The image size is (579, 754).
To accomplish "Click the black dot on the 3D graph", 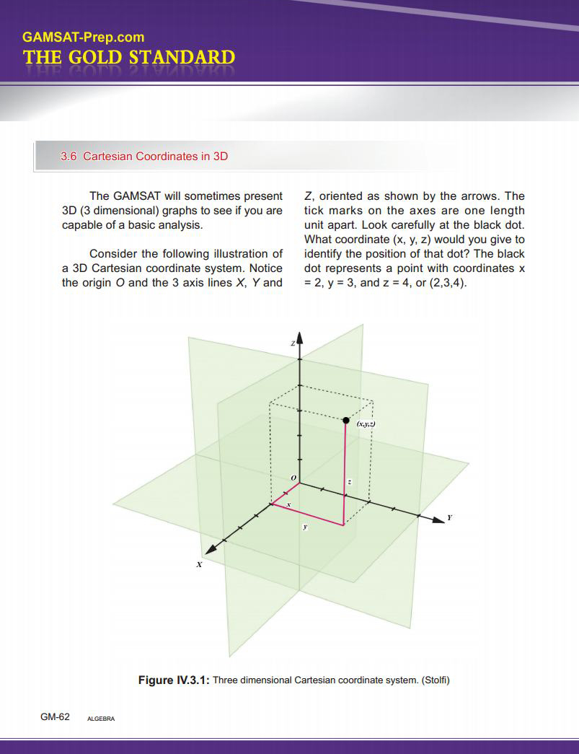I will pos(346,420).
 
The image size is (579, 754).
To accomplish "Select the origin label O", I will pos(293,478).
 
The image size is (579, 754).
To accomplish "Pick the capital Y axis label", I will pos(450,518).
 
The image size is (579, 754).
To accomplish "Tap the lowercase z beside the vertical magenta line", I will pos(350,481).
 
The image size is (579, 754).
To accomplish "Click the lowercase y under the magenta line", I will pos(305,527).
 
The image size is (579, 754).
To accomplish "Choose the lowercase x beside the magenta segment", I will pos(288,503).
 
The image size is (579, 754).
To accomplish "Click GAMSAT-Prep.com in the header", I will pos(83,37).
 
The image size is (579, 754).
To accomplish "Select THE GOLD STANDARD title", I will pos(129,58).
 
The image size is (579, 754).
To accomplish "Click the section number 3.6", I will pos(68,156).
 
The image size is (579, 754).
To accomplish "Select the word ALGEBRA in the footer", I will pos(100,719).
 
